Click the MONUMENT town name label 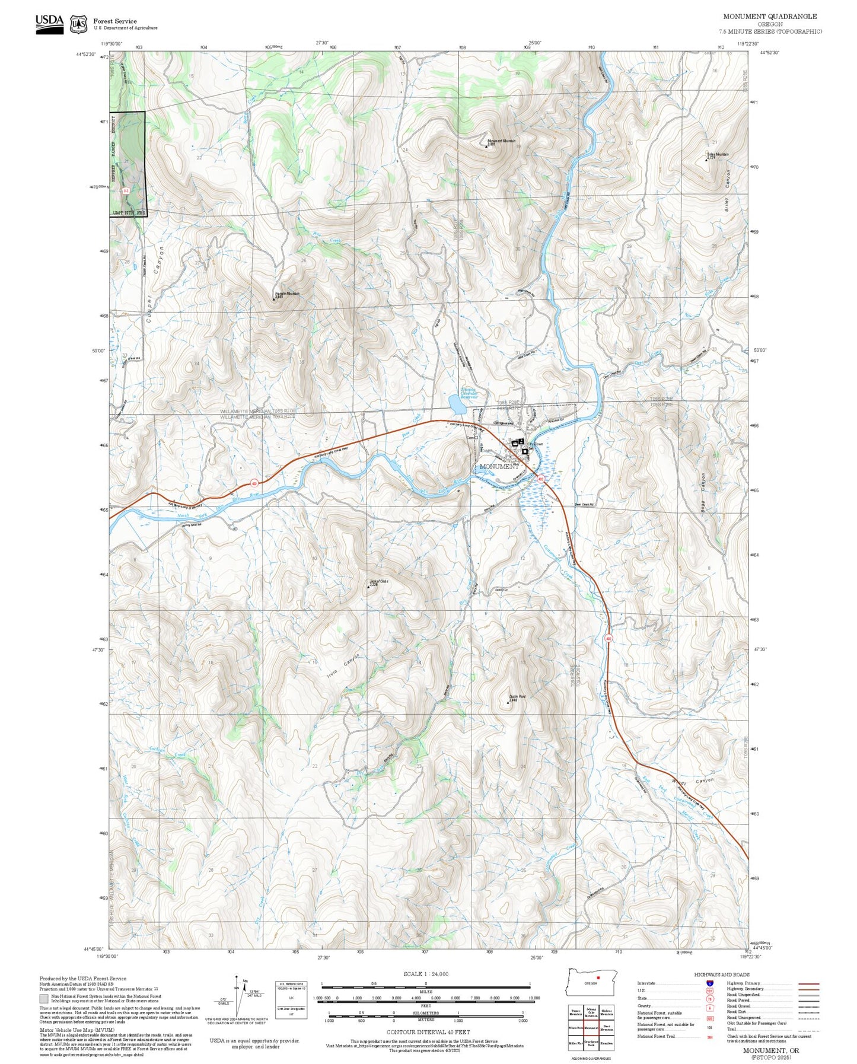tap(499, 466)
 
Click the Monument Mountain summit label tap(501, 141)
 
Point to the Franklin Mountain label tap(287, 294)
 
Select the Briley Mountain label tap(718, 155)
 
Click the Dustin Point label tap(517, 697)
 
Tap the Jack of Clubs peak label tap(378, 582)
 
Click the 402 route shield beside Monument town tap(540, 478)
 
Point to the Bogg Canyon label tap(704, 493)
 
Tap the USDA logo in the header tap(49, 24)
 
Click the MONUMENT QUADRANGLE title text tap(769, 17)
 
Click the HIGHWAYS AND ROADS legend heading tap(721, 974)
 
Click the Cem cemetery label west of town tap(470, 438)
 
